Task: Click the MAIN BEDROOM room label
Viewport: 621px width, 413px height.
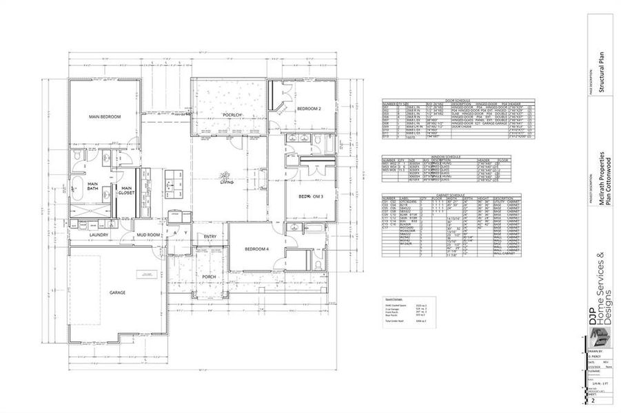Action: click(105, 117)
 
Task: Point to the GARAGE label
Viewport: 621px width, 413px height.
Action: click(117, 293)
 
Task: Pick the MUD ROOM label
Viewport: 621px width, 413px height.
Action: click(148, 235)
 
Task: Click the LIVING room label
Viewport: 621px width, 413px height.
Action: click(227, 182)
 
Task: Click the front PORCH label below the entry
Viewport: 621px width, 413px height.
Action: click(209, 277)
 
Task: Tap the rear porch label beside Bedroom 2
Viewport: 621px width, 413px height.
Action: click(232, 114)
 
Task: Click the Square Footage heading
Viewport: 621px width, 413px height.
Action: click(395, 299)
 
